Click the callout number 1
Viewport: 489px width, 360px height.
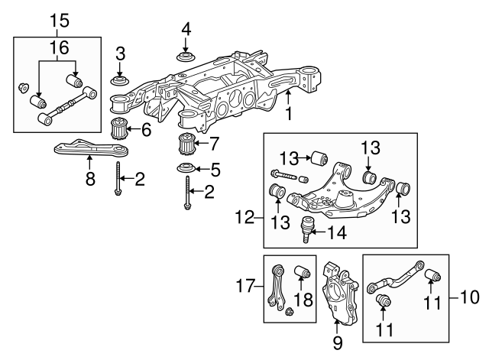(x=289, y=114)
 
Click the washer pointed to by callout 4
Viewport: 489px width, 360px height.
(x=184, y=57)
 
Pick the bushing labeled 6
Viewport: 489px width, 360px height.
(x=119, y=129)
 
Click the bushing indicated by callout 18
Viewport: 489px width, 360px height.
(x=301, y=274)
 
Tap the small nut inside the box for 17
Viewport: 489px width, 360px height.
(x=290, y=312)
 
